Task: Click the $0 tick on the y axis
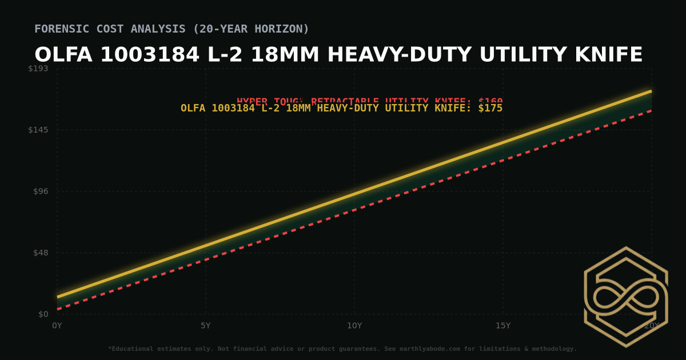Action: [43, 314]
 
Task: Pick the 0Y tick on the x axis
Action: [57, 326]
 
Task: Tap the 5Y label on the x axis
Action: [206, 326]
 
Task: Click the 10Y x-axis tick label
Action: [354, 326]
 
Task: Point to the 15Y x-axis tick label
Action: [503, 326]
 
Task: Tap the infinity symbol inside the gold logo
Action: [626, 297]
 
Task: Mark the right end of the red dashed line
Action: [651, 111]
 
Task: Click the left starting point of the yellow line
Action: [58, 297]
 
